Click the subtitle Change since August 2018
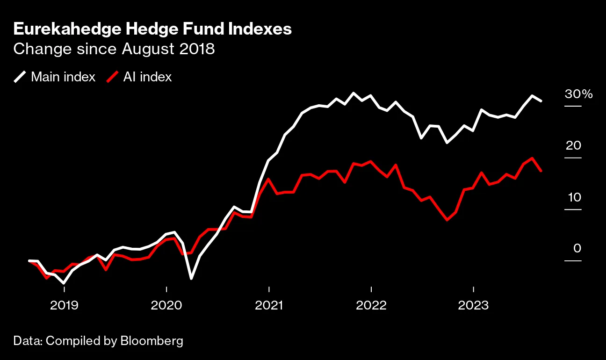click(x=114, y=49)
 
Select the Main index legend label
click(x=63, y=77)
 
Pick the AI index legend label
click(x=147, y=77)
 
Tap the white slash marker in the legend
click(x=20, y=77)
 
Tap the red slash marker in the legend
click(x=112, y=77)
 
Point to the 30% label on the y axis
click(x=578, y=94)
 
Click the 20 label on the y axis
click(x=573, y=145)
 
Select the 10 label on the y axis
click(x=574, y=197)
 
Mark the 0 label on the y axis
click(x=577, y=248)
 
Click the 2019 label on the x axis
click(x=64, y=306)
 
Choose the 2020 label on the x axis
click(x=166, y=306)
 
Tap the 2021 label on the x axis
click(x=268, y=306)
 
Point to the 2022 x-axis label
click(x=371, y=306)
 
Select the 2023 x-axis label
click(x=473, y=306)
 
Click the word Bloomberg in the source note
click(x=151, y=341)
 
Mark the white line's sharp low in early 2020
click(x=191, y=279)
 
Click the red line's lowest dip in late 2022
click(x=447, y=220)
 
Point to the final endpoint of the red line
click(x=541, y=171)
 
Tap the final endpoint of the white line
click(x=541, y=101)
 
